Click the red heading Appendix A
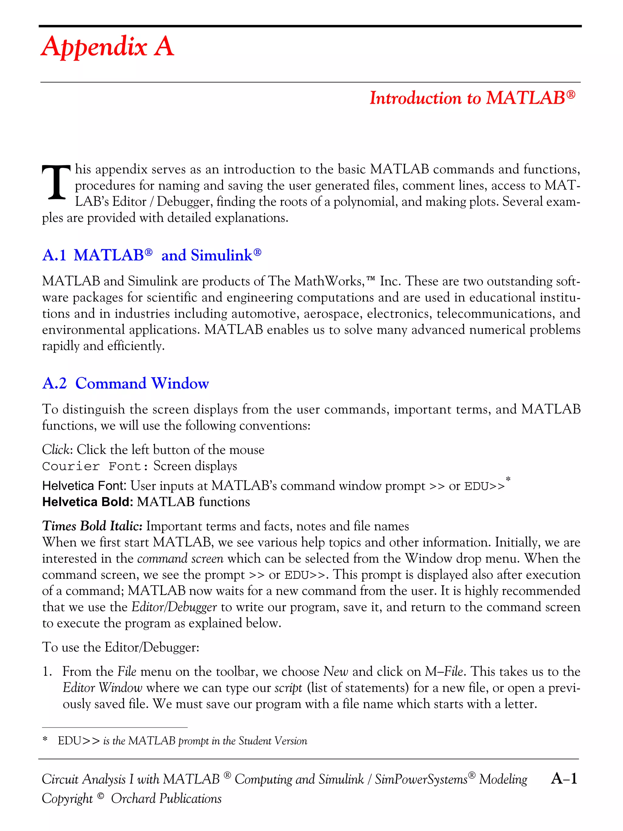point(107,47)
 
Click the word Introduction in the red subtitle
point(415,98)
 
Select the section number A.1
point(54,256)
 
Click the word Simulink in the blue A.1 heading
point(221,256)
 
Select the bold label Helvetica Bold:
point(88,502)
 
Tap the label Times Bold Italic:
point(92,526)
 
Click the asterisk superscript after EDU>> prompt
point(508,479)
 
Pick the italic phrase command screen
point(180,559)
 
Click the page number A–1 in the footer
point(564,779)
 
